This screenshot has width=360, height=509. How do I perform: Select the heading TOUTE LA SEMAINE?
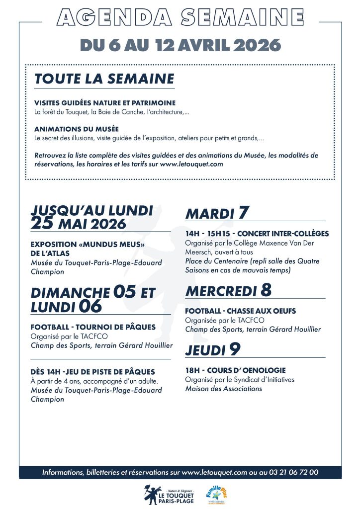point(104,79)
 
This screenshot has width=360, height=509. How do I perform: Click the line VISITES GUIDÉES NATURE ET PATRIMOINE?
point(105,103)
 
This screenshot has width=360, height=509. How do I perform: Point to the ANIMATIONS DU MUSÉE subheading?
point(77,129)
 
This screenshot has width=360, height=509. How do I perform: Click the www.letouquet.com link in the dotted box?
point(191,164)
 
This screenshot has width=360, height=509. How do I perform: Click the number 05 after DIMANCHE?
point(124,292)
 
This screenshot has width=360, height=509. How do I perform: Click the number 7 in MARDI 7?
point(243,213)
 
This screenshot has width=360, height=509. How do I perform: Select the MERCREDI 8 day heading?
point(228,290)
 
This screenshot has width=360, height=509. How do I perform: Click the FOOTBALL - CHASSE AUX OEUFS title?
point(240,311)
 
